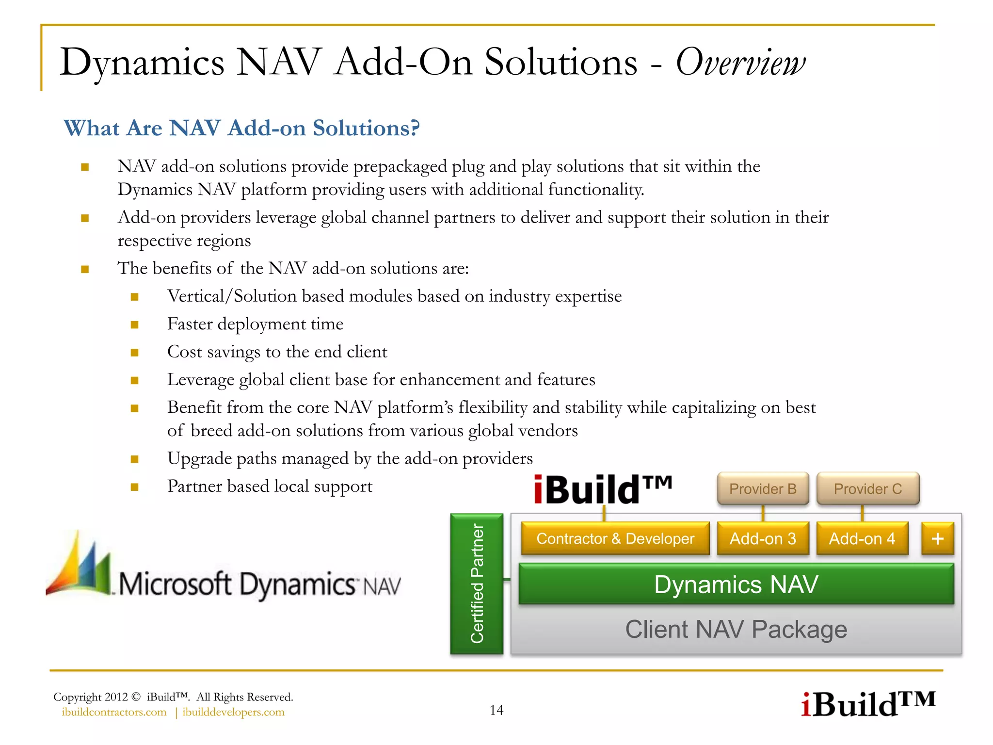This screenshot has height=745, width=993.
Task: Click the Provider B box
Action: point(763,488)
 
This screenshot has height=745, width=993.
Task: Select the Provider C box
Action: point(868,488)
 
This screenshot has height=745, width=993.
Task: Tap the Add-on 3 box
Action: point(763,538)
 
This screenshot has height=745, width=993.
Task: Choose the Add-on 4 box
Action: point(862,538)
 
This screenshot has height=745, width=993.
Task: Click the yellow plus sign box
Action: point(937,538)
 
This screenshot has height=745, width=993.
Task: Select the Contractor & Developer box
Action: point(615,538)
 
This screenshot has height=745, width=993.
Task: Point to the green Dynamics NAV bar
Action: point(736,584)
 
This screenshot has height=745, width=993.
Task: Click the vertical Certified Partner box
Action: point(477,584)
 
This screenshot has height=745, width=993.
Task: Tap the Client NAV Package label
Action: point(736,630)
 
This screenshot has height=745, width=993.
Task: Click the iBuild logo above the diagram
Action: point(603,489)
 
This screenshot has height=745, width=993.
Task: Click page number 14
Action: point(496,710)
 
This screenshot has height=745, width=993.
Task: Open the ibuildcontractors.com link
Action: point(114,712)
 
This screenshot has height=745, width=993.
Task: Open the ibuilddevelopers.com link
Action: point(233,712)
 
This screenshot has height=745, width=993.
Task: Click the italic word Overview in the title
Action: point(740,63)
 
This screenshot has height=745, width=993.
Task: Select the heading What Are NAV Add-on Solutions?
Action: point(241,128)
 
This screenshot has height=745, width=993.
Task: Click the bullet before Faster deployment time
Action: point(135,324)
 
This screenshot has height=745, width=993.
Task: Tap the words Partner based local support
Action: point(270,486)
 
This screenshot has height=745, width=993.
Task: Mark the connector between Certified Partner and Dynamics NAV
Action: point(507,579)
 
